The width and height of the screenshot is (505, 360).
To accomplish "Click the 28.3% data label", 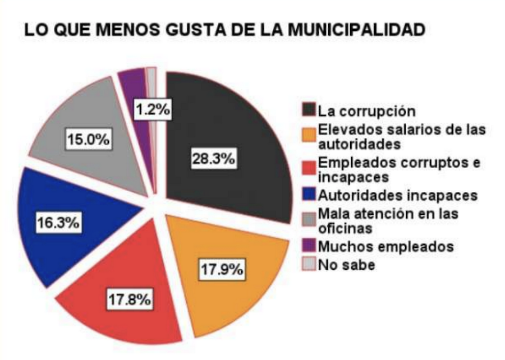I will [213, 159].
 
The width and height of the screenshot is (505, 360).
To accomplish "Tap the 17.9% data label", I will [222, 269].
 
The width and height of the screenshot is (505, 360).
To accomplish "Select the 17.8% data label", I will [130, 300].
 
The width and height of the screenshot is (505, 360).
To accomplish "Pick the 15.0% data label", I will [88, 139].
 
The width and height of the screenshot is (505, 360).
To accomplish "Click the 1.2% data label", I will [152, 110].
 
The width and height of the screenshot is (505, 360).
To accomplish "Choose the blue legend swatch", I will [309, 196].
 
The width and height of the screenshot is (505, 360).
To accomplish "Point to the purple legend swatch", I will [309, 246].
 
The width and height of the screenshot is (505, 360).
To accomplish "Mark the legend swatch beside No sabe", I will [309, 264].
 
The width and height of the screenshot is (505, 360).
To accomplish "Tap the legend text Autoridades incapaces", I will [397, 196].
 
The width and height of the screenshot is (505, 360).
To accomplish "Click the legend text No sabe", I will [346, 264].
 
